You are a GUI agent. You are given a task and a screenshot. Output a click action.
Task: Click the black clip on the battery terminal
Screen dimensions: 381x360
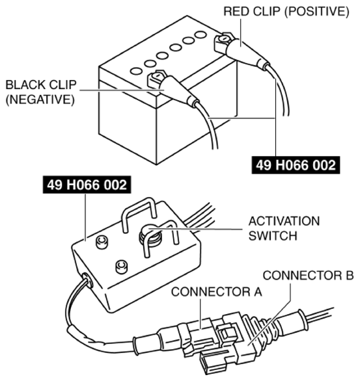click(x=171, y=86)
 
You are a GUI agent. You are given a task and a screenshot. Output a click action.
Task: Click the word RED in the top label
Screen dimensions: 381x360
click(x=236, y=12)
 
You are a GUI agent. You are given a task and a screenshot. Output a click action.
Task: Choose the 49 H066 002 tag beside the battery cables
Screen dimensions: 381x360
click(x=296, y=166)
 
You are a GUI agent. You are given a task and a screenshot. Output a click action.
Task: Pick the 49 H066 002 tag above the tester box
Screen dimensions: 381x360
click(x=87, y=187)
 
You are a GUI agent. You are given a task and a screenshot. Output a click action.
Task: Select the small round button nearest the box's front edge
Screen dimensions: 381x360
click(x=120, y=266)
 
